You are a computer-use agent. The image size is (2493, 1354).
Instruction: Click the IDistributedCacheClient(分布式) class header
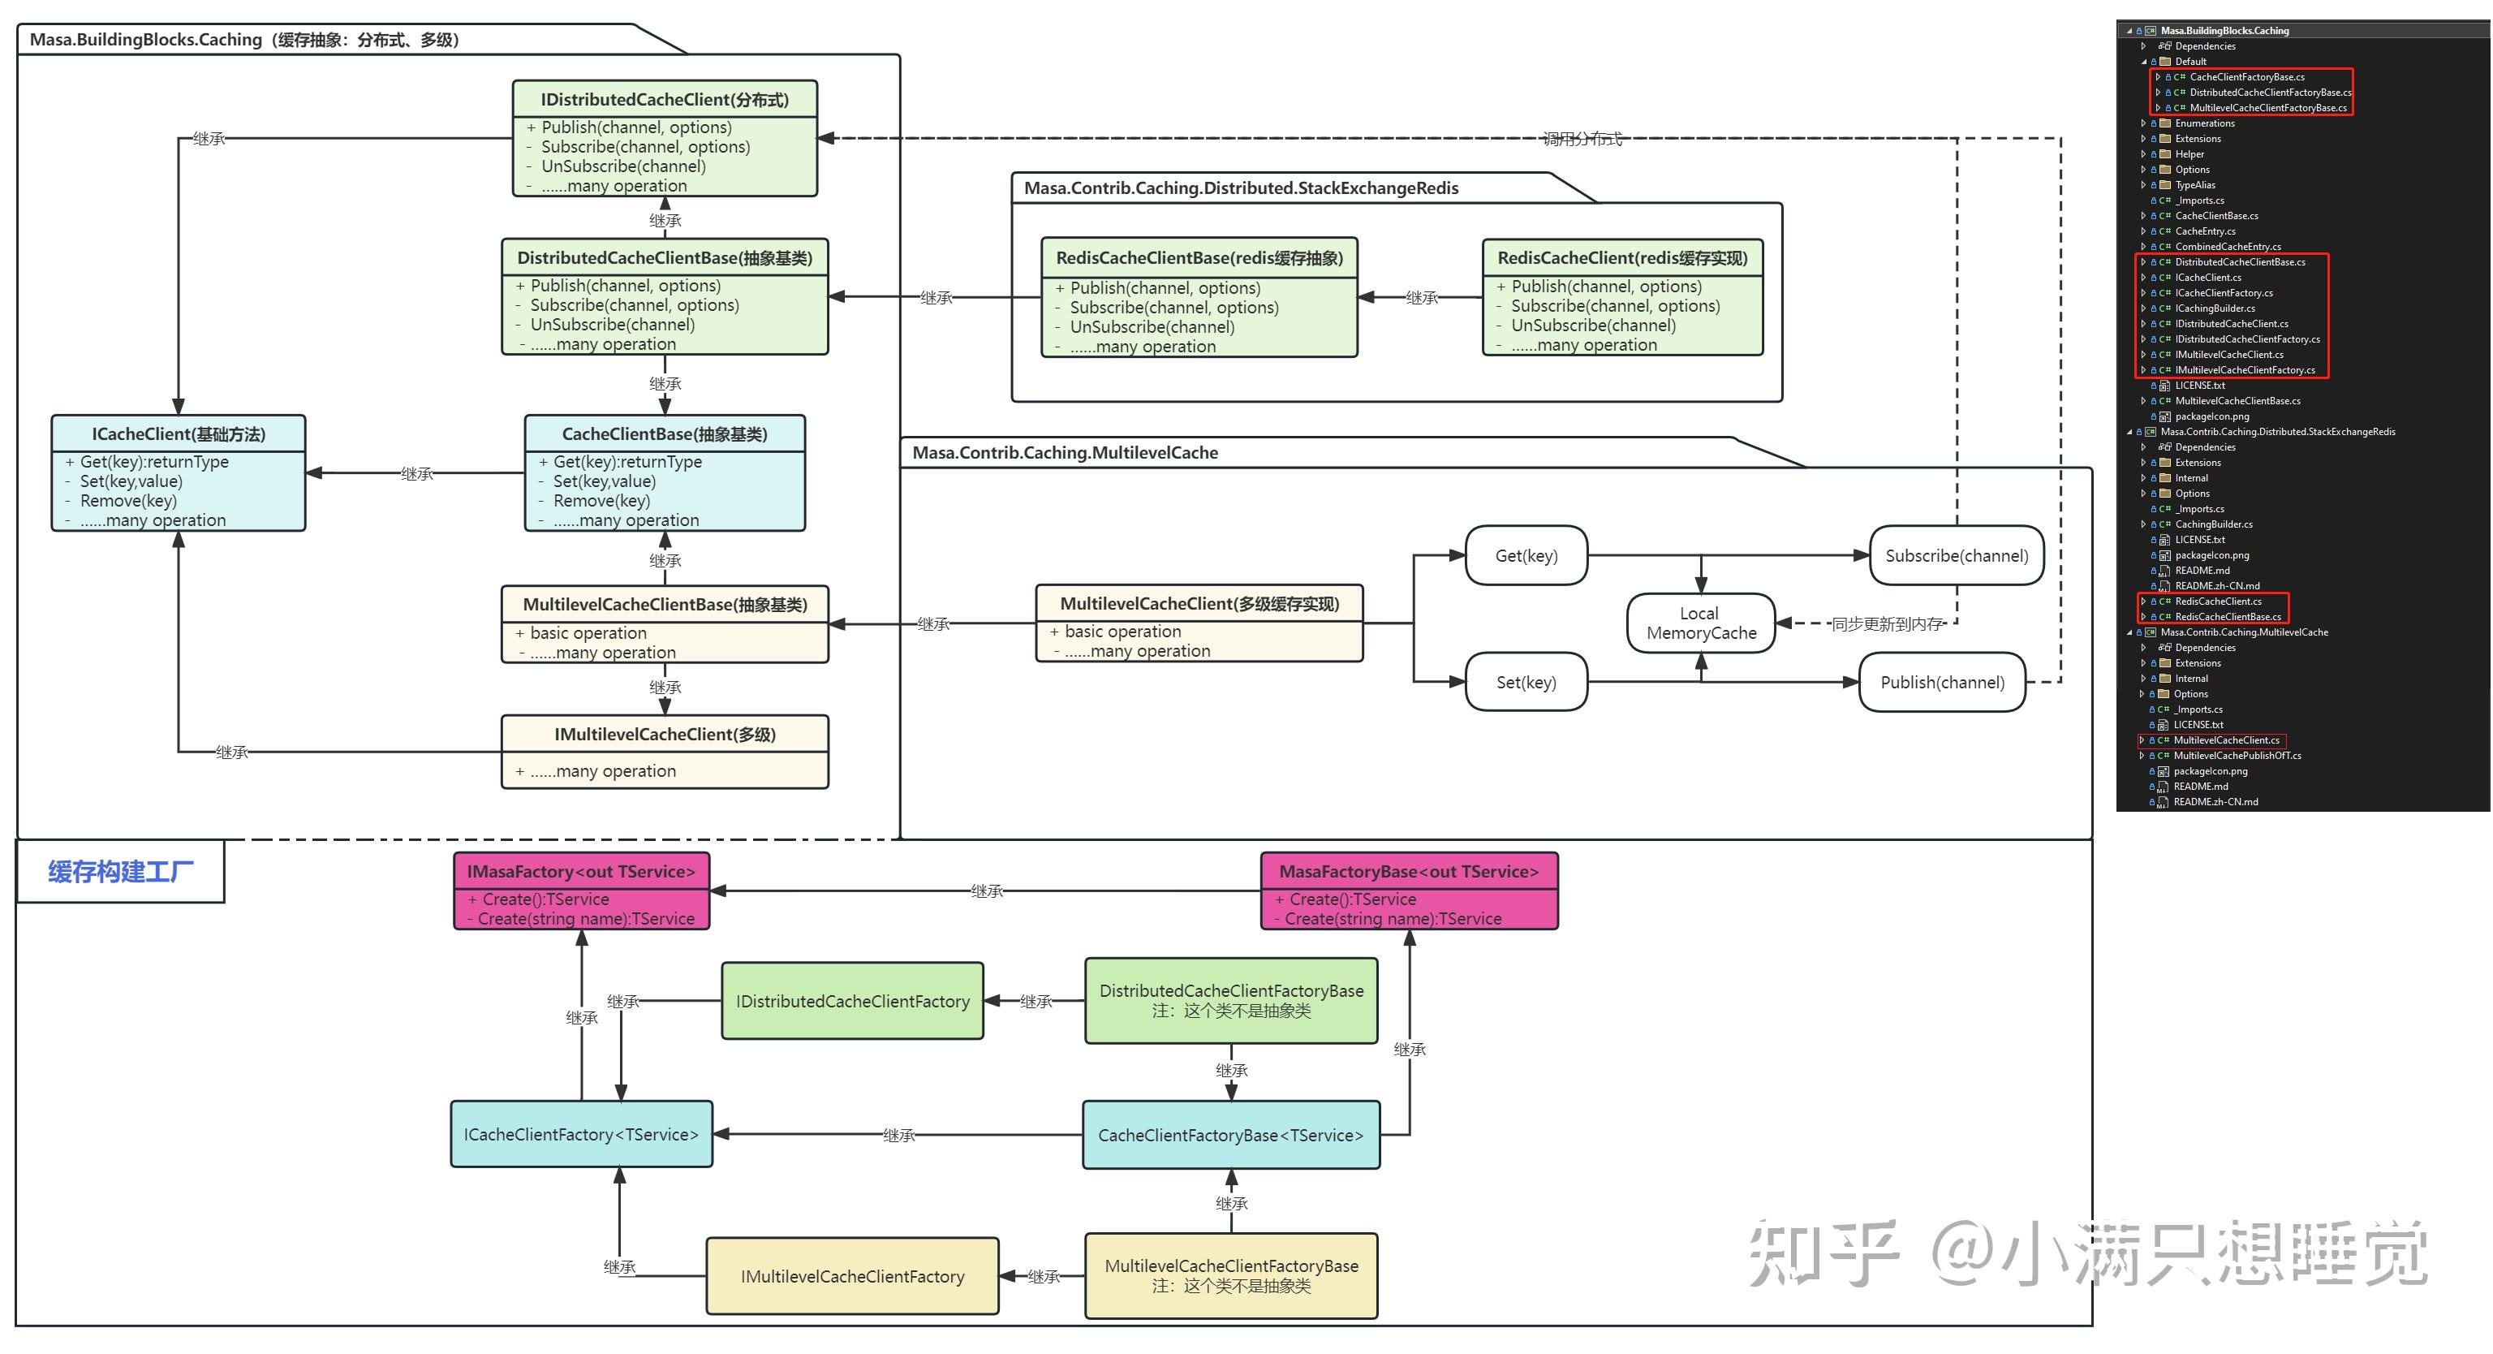(664, 100)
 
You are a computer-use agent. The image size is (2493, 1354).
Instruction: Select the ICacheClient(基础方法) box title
(178, 433)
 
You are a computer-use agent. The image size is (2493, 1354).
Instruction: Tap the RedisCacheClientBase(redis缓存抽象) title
(1199, 257)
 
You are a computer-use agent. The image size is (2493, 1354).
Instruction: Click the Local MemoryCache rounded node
(1700, 623)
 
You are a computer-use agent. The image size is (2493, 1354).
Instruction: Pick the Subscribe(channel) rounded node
(1956, 555)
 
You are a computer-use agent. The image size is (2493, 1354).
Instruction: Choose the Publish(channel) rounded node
(1941, 683)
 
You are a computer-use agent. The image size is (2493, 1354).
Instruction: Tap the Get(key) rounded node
(1526, 555)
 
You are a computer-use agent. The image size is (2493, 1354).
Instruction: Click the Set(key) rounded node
(1526, 683)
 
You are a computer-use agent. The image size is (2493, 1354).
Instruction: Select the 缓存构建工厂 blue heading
(121, 872)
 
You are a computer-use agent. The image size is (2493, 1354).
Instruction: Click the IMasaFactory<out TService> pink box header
(581, 871)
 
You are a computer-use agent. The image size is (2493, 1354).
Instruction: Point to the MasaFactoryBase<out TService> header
(1408, 871)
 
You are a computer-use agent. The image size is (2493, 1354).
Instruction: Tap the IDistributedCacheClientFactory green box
(851, 1002)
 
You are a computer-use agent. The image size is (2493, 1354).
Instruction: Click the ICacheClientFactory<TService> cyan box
(581, 1134)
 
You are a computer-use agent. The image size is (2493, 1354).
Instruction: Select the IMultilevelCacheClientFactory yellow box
(851, 1277)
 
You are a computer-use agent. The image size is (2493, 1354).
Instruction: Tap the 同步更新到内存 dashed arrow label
(1886, 624)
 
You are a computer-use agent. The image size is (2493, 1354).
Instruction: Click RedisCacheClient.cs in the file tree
(2217, 601)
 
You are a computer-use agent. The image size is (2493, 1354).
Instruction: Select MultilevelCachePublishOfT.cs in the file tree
(2237, 756)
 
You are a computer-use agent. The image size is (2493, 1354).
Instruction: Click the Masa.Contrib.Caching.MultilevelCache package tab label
(1065, 453)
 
